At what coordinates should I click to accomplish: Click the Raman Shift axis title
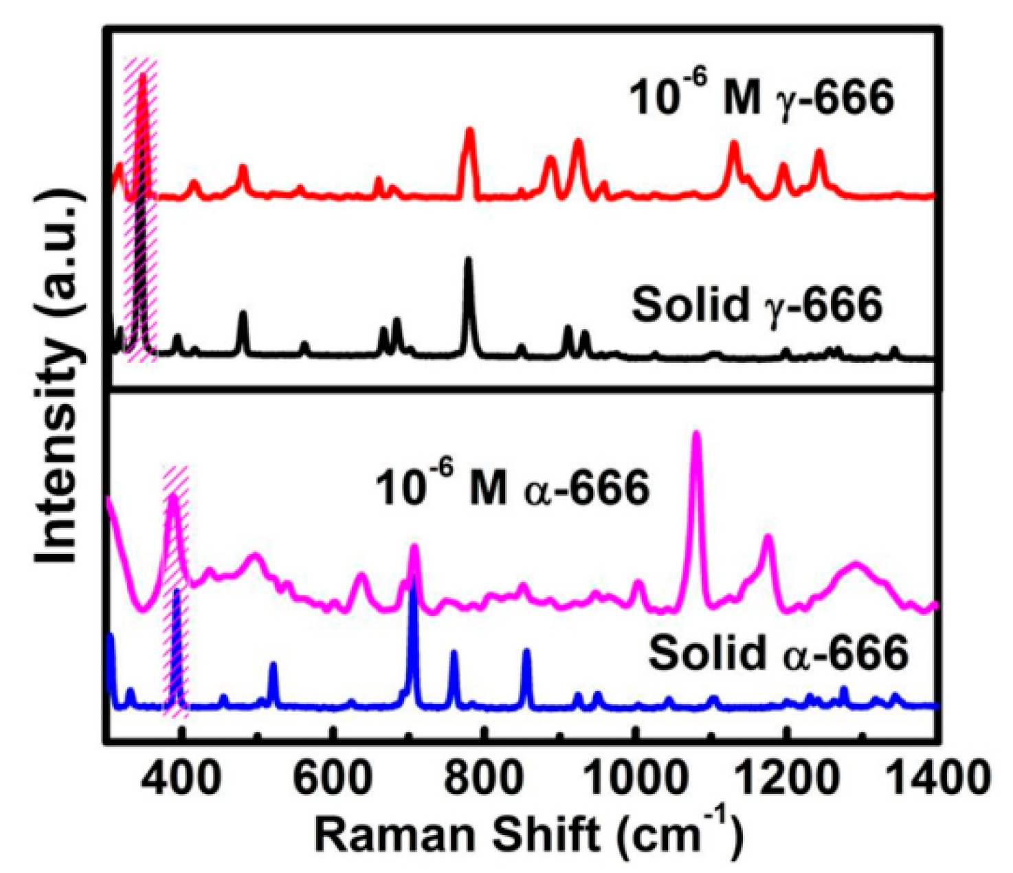pos(528,835)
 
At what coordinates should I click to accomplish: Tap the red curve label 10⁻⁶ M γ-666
pos(761,98)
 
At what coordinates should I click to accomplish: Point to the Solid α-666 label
pos(779,653)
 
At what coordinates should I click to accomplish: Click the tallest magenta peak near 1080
pos(696,434)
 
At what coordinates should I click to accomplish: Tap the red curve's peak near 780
pos(470,131)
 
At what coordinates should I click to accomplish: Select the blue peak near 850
pos(526,652)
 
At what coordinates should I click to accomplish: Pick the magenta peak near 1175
pos(768,538)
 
